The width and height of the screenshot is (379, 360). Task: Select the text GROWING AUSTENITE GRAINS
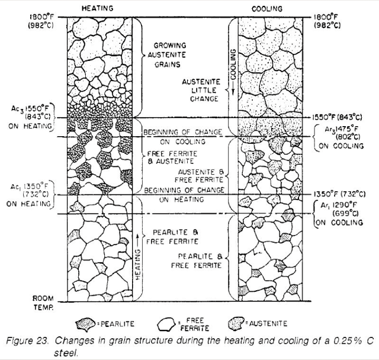click(169, 54)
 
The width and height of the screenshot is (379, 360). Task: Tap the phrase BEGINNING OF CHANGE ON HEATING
click(184, 195)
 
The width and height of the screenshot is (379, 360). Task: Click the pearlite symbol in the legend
click(88, 324)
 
